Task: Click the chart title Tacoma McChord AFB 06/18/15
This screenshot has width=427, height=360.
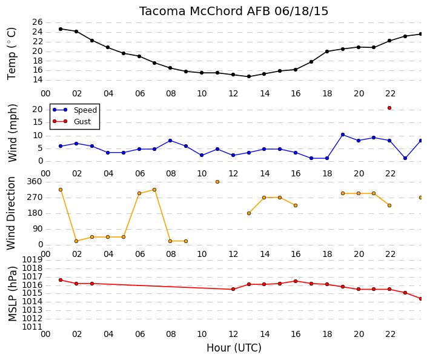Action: point(234,11)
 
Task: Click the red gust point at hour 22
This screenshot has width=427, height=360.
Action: point(389,108)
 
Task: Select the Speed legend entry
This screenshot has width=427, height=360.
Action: point(74,110)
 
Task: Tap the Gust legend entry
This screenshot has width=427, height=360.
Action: point(71,121)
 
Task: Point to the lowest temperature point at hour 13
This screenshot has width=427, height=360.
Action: point(249,76)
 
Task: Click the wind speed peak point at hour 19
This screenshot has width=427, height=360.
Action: point(343,135)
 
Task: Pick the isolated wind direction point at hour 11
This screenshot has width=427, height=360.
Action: point(217,182)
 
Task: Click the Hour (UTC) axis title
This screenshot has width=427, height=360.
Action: point(234,348)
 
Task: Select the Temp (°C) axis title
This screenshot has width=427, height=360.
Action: point(12,54)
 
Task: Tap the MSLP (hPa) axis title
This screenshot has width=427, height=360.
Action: point(13,294)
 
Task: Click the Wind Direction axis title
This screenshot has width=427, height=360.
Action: point(11,213)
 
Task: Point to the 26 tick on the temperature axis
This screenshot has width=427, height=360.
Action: point(38,22)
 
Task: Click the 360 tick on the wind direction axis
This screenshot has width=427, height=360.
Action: point(35,182)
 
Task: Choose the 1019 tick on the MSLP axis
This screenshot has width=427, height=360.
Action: point(32,259)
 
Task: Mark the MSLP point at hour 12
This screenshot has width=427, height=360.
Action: point(233,289)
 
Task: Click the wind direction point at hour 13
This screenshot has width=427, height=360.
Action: point(249,213)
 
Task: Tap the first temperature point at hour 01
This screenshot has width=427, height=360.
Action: point(61,29)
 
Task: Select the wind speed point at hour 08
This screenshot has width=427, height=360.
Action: point(170,141)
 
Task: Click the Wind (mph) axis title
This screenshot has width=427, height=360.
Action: point(13,133)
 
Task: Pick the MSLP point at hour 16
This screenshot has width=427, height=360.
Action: point(296,281)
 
